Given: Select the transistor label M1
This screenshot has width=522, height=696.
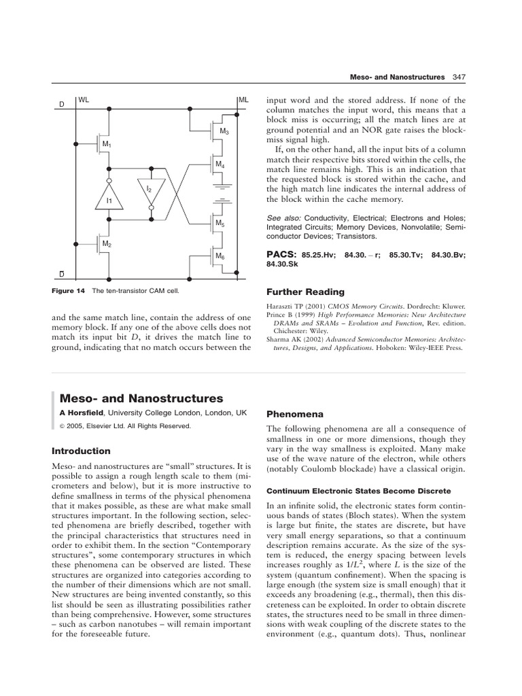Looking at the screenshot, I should (107, 144).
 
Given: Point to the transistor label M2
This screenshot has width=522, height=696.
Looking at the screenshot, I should (107, 243).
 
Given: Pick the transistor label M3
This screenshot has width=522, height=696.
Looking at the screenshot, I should (224, 130).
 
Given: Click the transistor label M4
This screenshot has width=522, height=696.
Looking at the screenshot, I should (220, 164).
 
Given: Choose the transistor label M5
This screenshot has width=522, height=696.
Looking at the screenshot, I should (220, 223).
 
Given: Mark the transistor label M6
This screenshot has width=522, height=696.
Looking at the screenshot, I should (220, 256).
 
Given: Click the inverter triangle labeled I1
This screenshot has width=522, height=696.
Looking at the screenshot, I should (109, 201).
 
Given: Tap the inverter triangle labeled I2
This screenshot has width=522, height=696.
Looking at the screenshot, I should (151, 191).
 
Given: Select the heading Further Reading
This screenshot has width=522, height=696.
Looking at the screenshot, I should (302, 291).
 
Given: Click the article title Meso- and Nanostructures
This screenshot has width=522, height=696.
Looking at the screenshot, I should (141, 398).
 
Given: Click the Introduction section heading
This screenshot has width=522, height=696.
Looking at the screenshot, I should (81, 451).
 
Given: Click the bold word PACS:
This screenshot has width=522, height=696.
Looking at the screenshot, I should (281, 254).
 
